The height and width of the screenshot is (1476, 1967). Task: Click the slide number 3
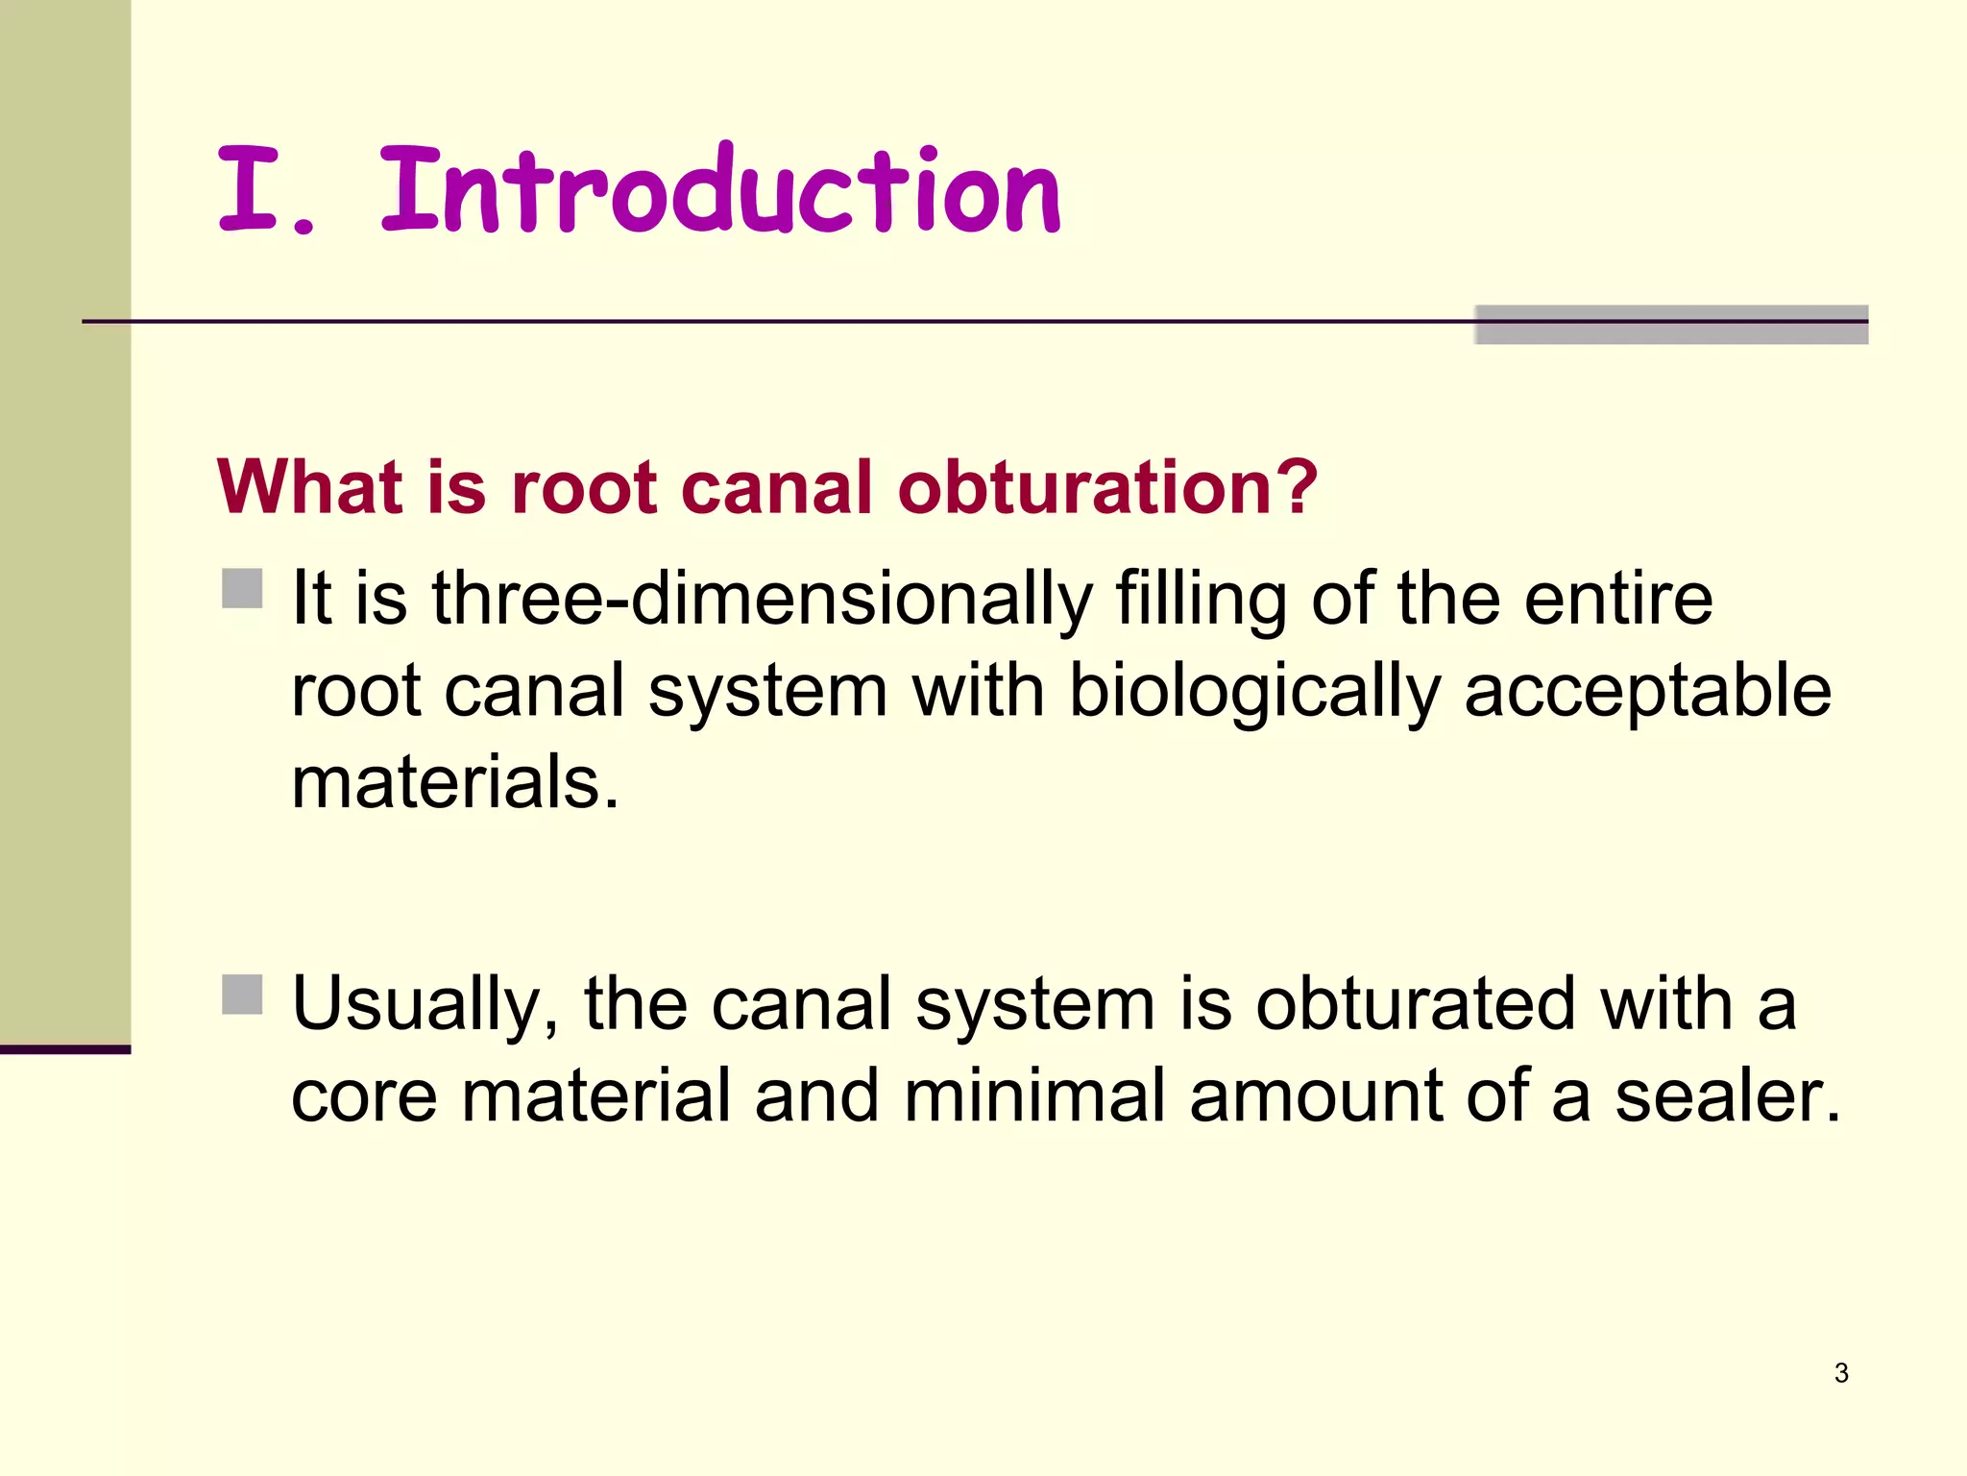1841,1373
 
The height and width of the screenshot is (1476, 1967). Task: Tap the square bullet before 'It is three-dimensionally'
242,588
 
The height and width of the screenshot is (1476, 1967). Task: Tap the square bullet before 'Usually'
242,995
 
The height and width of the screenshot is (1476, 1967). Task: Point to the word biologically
1253,692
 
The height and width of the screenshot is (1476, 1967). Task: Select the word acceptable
1647,692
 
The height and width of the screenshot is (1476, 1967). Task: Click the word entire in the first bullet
1617,600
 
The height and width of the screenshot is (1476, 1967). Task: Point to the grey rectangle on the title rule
1671,325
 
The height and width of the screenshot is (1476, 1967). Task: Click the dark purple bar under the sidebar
65,1049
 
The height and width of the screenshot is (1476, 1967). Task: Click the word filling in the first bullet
1201,600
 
